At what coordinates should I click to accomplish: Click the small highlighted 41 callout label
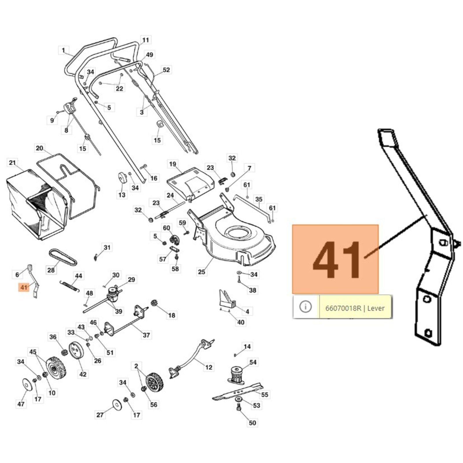tap(24, 287)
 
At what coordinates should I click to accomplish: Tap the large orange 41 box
tap(335, 259)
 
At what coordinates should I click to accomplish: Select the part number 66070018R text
tap(343, 308)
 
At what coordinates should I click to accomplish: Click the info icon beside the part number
tap(306, 306)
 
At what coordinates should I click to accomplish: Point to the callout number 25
tap(201, 272)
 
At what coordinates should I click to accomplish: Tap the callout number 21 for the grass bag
tap(12, 163)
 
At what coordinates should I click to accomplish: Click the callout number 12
tap(209, 367)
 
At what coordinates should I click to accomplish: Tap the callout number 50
tap(252, 423)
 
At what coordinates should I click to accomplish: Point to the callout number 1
tap(63, 50)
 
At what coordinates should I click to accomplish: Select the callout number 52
tap(166, 70)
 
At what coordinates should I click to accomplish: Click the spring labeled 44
tap(69, 285)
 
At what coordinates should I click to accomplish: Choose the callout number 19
tap(172, 164)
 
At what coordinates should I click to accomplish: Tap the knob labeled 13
tap(122, 178)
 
